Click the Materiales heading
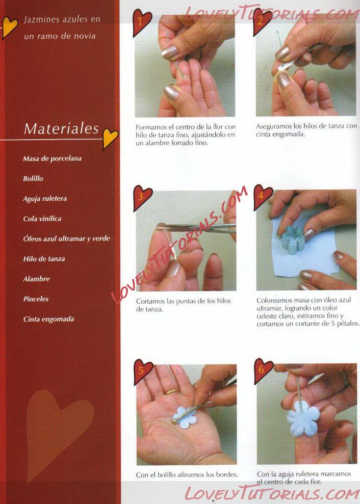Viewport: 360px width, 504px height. point(61,128)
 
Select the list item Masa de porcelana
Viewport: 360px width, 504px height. point(52,158)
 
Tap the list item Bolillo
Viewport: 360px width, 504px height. point(33,179)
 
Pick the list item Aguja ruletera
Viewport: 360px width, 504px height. point(45,199)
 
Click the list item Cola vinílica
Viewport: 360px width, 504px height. point(42,219)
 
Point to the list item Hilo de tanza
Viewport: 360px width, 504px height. point(44,259)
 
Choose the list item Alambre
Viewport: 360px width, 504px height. point(36,279)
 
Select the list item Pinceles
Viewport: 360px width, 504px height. point(36,299)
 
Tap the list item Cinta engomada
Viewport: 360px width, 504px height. point(48,319)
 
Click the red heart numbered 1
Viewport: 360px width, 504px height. point(142,22)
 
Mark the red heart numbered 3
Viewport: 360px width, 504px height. point(142,197)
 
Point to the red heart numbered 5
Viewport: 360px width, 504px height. point(142,372)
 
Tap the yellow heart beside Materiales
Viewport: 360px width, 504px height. point(110,138)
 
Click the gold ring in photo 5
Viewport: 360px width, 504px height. point(172,391)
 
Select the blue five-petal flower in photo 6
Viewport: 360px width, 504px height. point(303,418)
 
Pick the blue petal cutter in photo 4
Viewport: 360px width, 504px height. point(293,240)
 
